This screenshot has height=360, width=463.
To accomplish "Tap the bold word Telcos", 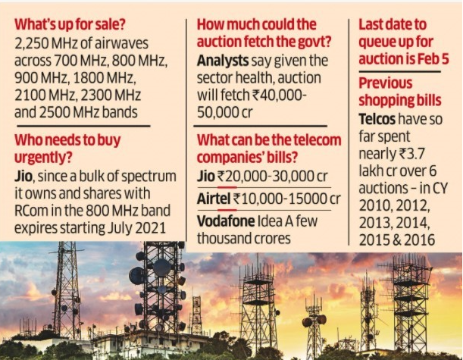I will point(381,120).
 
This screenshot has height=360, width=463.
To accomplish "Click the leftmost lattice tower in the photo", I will point(67,292).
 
